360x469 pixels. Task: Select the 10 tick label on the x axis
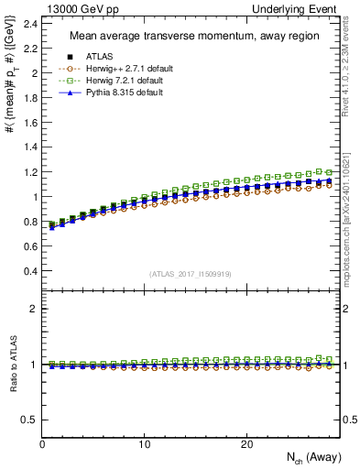pos(145,444)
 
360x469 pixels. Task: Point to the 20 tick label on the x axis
pos(246,444)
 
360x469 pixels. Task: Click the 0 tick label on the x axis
pos(43,444)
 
